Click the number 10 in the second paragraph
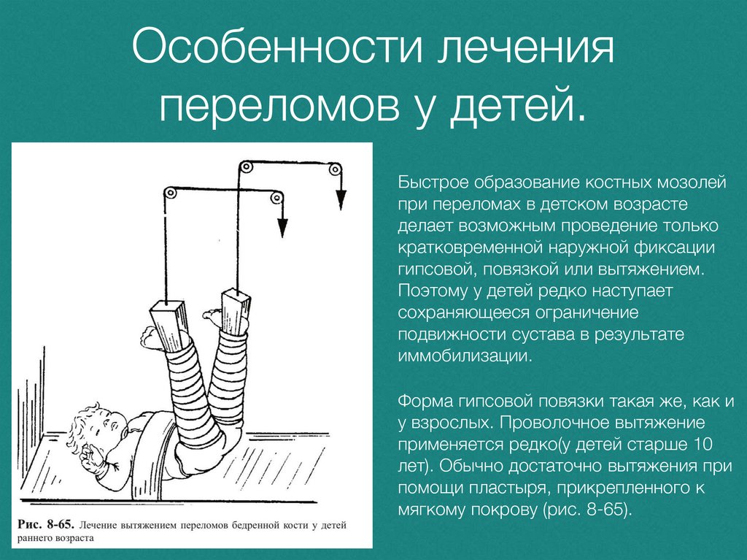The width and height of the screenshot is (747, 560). [702, 444]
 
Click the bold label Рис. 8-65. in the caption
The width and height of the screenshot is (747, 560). [46, 525]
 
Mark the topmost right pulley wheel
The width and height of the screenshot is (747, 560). [334, 169]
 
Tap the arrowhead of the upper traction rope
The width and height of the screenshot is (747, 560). [341, 200]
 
